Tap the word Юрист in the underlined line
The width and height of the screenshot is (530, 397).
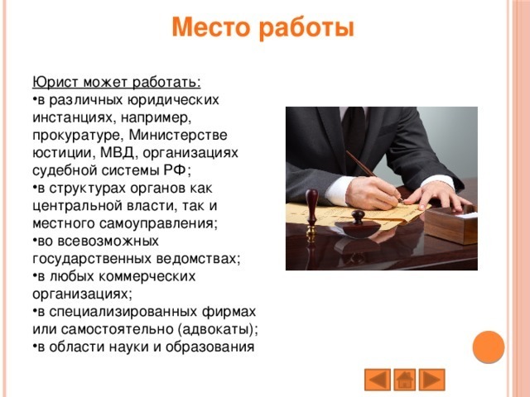click(x=52, y=83)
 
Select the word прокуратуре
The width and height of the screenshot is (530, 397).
click(x=70, y=135)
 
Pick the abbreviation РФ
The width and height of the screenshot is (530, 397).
click(x=176, y=171)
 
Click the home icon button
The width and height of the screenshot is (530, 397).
click(x=405, y=380)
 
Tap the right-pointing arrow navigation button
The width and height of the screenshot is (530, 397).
click(x=433, y=380)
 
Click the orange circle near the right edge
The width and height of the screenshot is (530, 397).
click(x=489, y=347)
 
